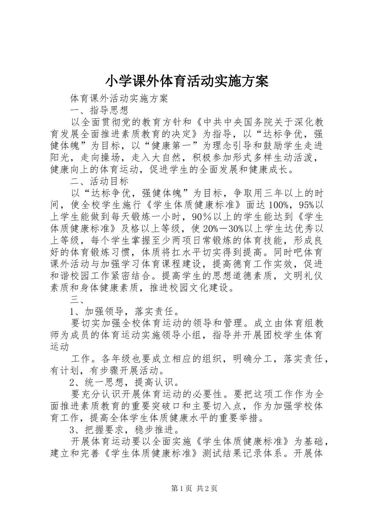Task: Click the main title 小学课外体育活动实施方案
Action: click(187, 81)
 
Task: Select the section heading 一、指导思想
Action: click(99, 110)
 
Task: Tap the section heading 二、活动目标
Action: click(99, 181)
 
